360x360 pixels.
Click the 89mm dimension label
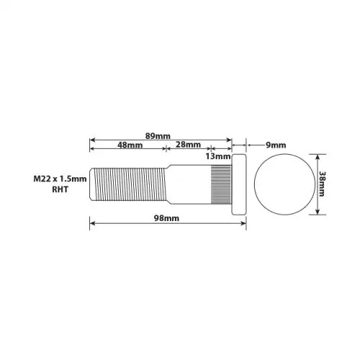pos(158,136)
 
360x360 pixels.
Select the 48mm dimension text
pos(130,145)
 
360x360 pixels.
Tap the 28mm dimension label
pos(188,145)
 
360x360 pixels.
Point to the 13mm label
pos(218,156)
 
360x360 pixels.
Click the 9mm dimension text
pos(276,145)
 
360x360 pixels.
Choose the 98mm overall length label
pos(166,218)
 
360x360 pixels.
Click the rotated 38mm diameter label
pos(322,184)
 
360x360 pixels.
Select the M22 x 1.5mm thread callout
pos(60,179)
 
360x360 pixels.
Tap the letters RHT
pos(60,189)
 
